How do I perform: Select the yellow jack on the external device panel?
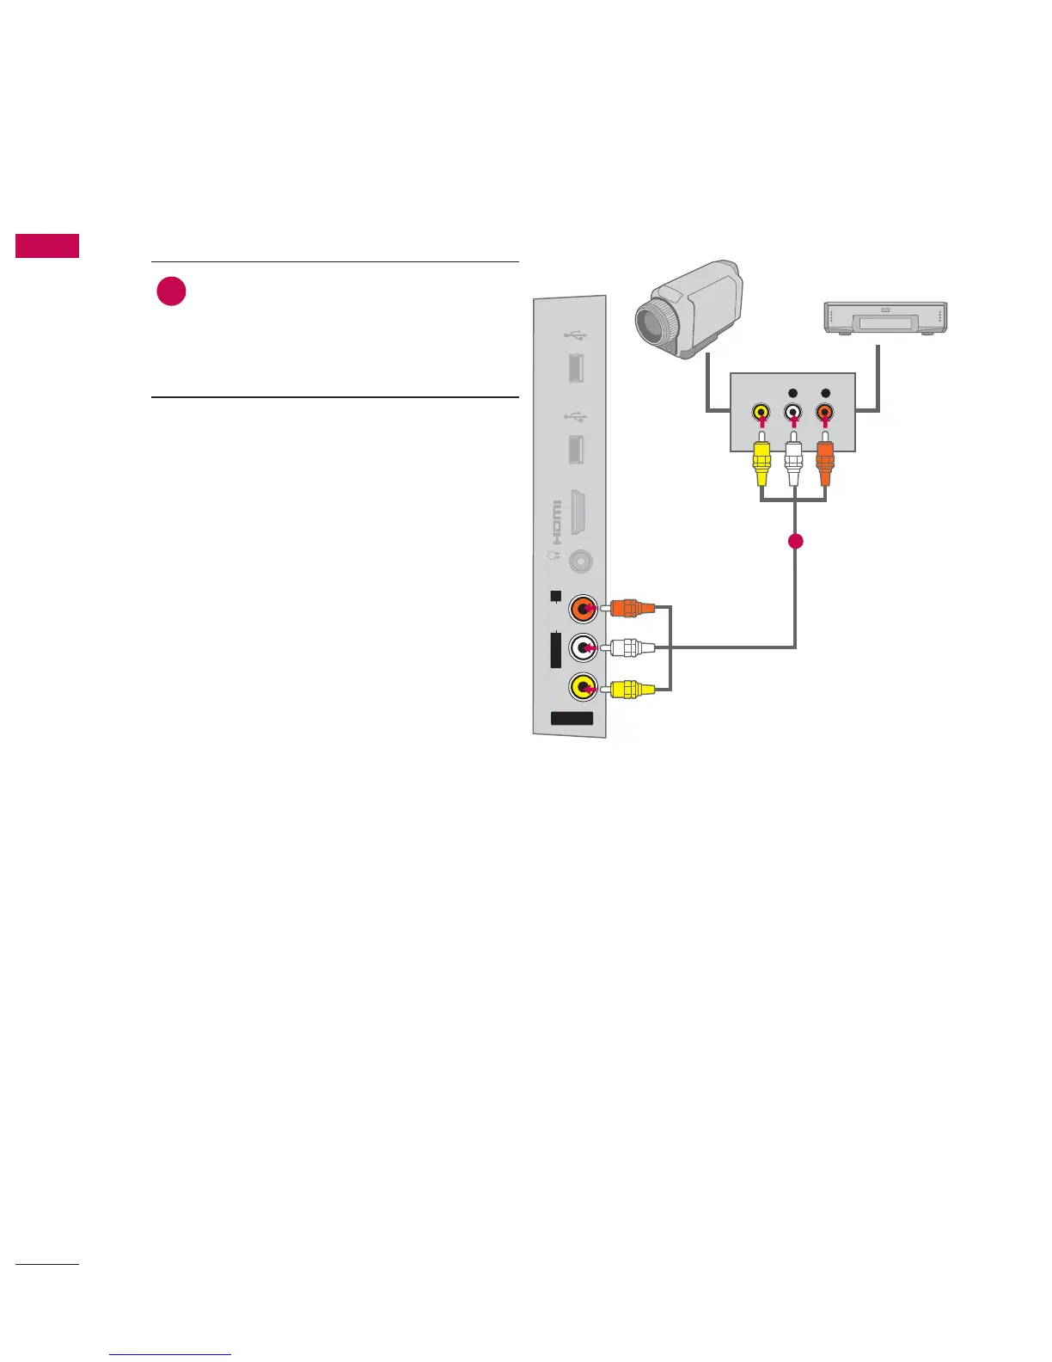761,413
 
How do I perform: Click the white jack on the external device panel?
793,413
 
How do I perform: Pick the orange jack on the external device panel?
825,413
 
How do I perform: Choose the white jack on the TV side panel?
584,647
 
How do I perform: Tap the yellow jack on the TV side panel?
584,687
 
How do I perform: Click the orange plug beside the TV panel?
631,608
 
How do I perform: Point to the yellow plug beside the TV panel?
631,688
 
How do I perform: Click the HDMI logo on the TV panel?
556,522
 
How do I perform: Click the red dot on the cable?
796,542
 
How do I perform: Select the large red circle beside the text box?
172,292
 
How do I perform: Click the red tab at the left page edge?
47,246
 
